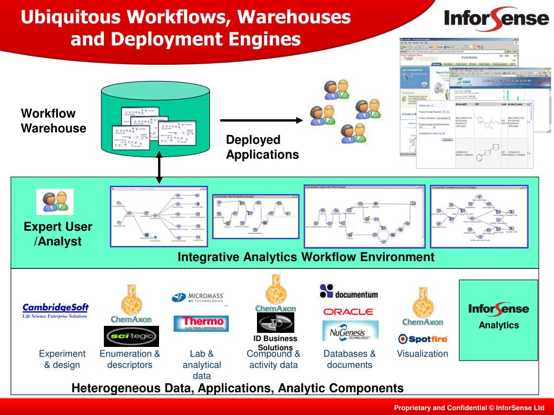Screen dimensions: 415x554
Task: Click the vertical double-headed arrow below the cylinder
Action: click(159, 165)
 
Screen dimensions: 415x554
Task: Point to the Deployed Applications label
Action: click(262, 148)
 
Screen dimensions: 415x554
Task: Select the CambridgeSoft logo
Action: click(55, 310)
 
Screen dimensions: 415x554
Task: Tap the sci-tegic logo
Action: click(131, 336)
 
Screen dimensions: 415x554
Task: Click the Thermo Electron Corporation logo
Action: click(201, 323)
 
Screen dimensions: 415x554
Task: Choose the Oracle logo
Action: click(348, 312)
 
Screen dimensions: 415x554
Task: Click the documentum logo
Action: click(348, 292)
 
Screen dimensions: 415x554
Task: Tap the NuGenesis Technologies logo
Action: click(349, 331)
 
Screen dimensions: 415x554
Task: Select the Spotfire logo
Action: click(422, 339)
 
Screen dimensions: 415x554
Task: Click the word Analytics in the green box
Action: click(498, 325)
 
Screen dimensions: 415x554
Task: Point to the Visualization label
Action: click(423, 354)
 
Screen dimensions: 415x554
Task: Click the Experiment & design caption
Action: click(62, 359)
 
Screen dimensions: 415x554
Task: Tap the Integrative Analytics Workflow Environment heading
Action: click(306, 257)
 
